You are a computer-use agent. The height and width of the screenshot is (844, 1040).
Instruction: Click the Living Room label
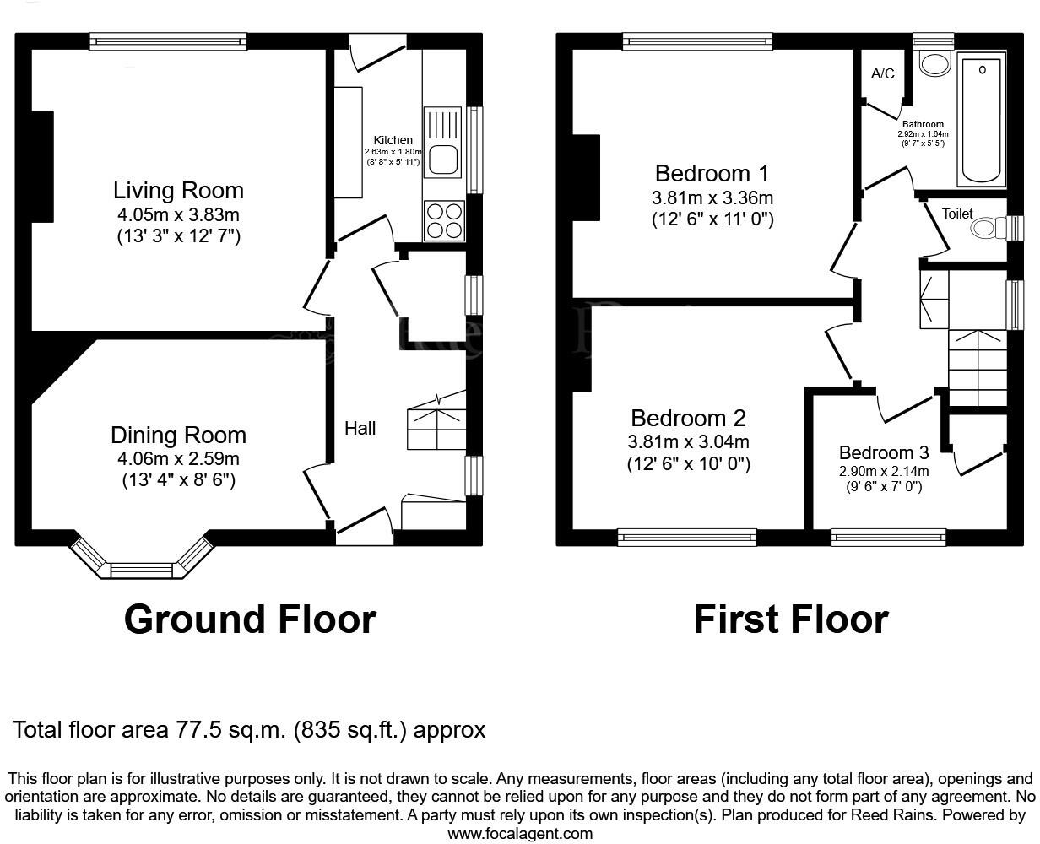tap(178, 190)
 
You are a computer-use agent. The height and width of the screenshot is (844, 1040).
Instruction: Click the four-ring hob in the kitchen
tap(444, 220)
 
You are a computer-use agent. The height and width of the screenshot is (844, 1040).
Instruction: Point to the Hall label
tap(360, 429)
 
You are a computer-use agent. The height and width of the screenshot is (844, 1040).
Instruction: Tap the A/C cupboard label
tap(882, 74)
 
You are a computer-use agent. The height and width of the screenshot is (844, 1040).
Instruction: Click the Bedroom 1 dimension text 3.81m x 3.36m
tap(712, 198)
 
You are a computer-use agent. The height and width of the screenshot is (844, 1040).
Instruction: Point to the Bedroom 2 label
tap(688, 418)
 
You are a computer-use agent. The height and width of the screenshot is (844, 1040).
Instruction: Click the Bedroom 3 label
tap(883, 453)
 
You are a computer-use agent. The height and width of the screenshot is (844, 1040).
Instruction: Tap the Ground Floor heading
tap(250, 619)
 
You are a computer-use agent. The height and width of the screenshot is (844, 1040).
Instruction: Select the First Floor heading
tap(790, 619)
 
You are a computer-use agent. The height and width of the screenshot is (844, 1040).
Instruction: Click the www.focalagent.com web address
tap(519, 834)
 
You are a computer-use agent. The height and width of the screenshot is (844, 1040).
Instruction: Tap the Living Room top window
tap(168, 41)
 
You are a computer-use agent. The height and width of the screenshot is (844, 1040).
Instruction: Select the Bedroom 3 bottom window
tap(888, 537)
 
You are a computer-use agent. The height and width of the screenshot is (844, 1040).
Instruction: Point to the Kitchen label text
tap(393, 140)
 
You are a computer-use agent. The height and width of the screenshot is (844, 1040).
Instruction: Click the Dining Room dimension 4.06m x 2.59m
tap(178, 459)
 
